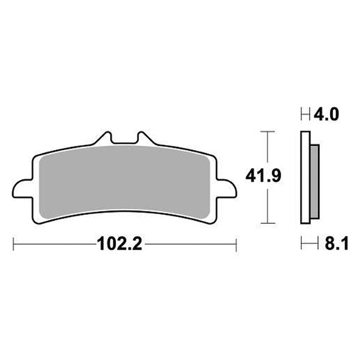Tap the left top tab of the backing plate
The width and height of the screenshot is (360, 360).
[x=104, y=138]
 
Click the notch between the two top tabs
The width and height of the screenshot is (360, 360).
[x=125, y=143]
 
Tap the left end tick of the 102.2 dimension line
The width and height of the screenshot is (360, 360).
[x=13, y=244]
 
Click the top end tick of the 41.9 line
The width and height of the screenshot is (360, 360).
[x=267, y=130]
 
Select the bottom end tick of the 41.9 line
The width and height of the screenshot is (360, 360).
[x=267, y=223]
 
